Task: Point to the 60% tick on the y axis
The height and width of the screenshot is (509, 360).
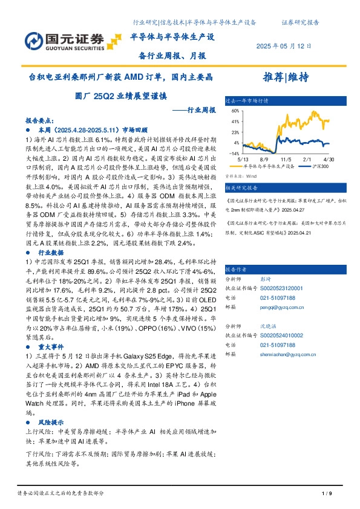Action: click(x=235, y=111)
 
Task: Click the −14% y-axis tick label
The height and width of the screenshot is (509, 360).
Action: click(x=234, y=154)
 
